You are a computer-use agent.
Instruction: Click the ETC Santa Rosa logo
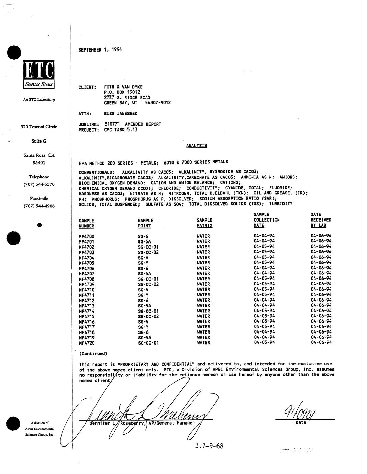point(39,75)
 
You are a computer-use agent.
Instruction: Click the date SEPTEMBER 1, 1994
point(100,49)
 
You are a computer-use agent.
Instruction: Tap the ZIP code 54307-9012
point(158,103)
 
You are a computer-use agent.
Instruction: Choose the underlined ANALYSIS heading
point(197,146)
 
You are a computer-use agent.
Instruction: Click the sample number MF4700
point(87,236)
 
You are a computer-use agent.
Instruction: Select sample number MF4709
point(87,284)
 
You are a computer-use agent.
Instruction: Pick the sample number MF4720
point(87,343)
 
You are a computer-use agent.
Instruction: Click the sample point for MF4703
point(148,252)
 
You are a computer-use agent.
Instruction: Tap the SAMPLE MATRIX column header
point(204,223)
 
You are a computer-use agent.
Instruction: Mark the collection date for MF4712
point(264,300)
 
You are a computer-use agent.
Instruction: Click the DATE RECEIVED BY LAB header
point(321,220)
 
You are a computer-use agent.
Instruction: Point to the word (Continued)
point(93,354)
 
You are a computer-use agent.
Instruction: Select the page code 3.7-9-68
point(209,446)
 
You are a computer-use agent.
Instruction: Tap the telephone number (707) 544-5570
point(39,184)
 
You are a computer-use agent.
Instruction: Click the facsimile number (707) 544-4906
point(39,206)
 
